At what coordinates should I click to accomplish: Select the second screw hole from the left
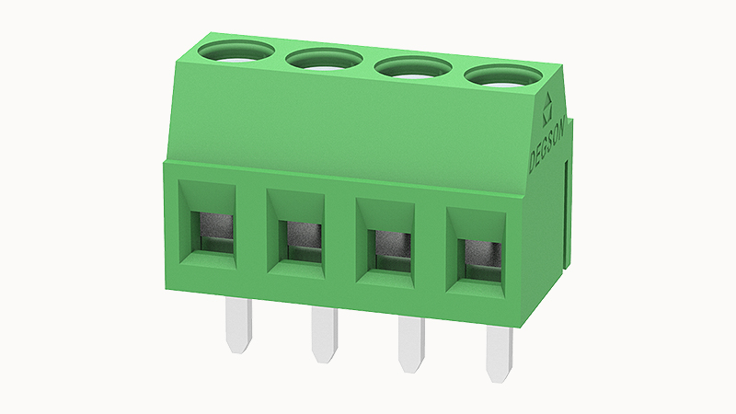coord(324,59)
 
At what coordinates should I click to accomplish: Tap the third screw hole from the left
coord(413,68)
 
